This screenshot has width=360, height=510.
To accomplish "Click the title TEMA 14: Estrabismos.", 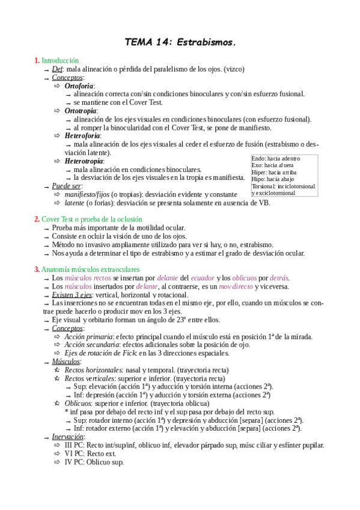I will click(180, 43).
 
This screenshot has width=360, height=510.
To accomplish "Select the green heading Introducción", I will click(60, 61).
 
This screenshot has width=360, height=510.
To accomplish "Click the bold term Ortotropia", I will click(81, 111).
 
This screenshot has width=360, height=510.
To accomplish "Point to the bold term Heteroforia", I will click(82, 136).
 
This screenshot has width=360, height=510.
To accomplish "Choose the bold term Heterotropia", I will click(84, 161).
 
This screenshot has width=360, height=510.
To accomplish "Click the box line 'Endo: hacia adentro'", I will click(276, 158).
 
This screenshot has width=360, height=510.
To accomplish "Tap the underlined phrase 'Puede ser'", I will click(66, 186).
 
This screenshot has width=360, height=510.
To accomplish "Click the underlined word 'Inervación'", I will click(67, 436).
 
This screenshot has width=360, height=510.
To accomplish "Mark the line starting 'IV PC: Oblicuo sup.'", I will click(94, 462).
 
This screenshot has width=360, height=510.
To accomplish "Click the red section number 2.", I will click(37, 219).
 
